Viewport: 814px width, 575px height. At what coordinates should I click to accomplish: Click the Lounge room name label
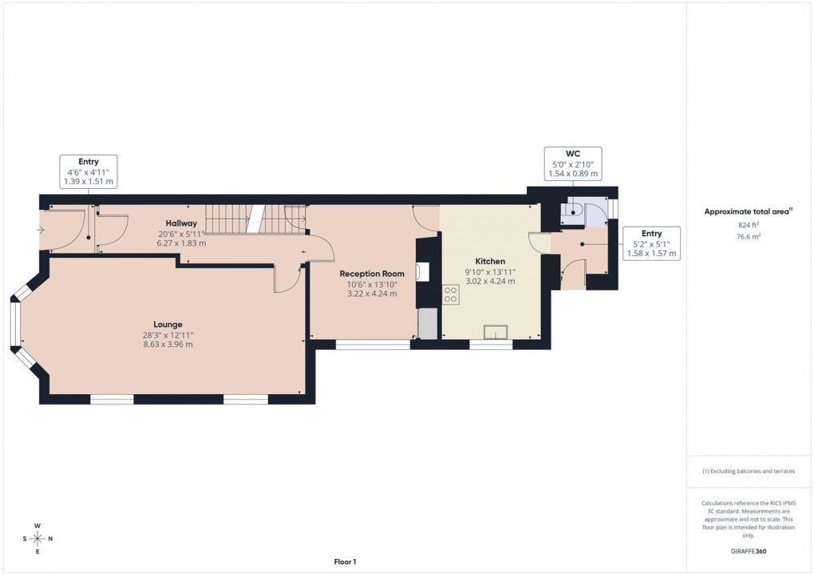168,325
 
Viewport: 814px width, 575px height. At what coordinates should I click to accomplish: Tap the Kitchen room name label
490,261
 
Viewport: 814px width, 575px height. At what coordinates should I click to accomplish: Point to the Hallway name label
182,223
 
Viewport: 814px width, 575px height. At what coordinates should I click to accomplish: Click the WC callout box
572,163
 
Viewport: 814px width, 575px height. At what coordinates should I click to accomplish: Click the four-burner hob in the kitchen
450,296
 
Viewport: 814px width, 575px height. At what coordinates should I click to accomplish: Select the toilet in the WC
571,210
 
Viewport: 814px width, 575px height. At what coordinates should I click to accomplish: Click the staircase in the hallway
255,218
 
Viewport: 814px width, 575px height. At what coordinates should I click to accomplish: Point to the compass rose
38,538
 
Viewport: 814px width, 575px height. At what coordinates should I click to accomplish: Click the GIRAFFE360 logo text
749,551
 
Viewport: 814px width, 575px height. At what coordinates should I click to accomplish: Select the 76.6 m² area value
749,237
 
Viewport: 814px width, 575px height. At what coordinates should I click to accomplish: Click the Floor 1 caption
345,562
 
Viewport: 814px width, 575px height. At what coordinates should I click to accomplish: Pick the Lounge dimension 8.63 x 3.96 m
168,345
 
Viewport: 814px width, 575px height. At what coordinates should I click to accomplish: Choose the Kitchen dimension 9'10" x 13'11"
490,271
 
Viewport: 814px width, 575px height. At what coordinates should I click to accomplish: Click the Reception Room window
373,345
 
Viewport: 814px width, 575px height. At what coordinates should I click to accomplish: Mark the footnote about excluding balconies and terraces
749,471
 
